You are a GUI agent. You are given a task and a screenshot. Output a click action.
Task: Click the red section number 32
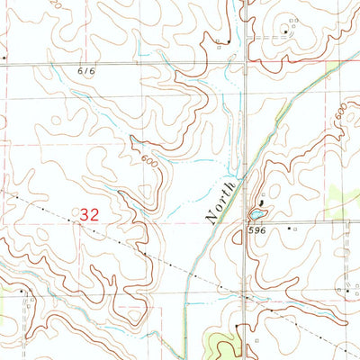(x=89, y=215)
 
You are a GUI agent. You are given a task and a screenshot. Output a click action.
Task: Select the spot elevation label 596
(x=257, y=230)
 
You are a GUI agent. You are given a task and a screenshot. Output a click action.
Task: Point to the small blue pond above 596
(x=257, y=215)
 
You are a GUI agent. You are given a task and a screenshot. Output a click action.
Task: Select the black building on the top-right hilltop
(x=286, y=32)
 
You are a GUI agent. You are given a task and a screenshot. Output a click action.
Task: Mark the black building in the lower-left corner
(x=22, y=291)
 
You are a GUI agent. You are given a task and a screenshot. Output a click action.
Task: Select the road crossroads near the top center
(x=246, y=64)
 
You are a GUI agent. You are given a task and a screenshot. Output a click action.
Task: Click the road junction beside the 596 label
(x=247, y=221)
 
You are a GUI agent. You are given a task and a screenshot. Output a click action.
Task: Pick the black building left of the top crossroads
(x=229, y=41)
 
